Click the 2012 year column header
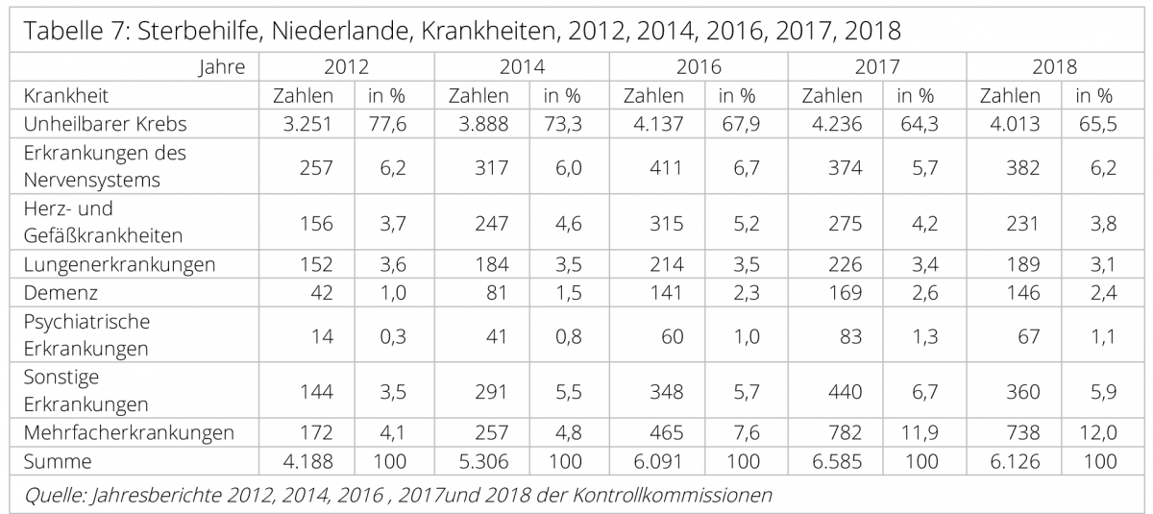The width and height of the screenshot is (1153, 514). (346, 68)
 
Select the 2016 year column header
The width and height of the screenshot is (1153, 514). (699, 68)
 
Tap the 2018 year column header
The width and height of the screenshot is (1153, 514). (1054, 68)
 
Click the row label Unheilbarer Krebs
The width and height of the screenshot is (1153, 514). (105, 123)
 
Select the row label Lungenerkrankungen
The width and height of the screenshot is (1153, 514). (119, 263)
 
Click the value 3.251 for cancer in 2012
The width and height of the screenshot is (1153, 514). (304, 123)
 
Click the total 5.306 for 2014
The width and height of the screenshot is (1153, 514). (479, 461)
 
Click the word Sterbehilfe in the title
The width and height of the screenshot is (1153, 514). (198, 30)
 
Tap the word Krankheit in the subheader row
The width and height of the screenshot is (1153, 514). (66, 96)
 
